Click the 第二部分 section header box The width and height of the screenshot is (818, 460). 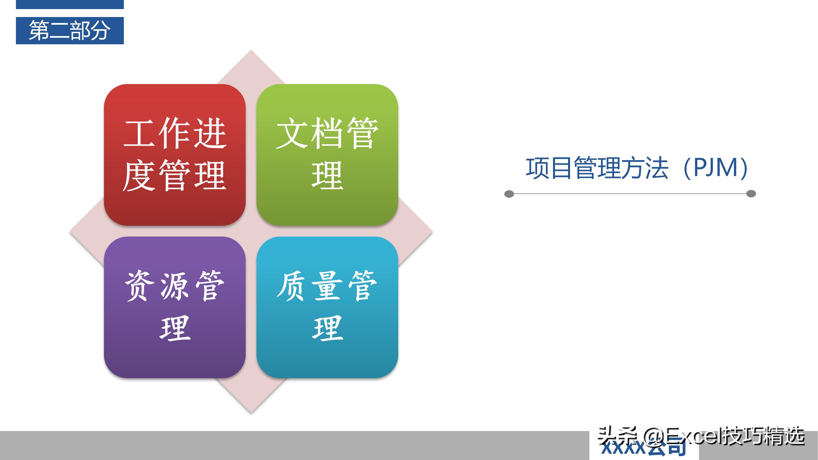pyautogui.click(x=70, y=30)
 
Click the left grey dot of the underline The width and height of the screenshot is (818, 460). pyautogui.click(x=509, y=194)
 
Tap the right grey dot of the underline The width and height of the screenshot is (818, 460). pyautogui.click(x=751, y=194)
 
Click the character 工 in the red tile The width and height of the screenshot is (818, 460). pyautogui.click(x=139, y=133)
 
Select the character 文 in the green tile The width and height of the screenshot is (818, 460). pyautogui.click(x=291, y=133)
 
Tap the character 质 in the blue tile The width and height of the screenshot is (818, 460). pyautogui.click(x=291, y=286)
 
